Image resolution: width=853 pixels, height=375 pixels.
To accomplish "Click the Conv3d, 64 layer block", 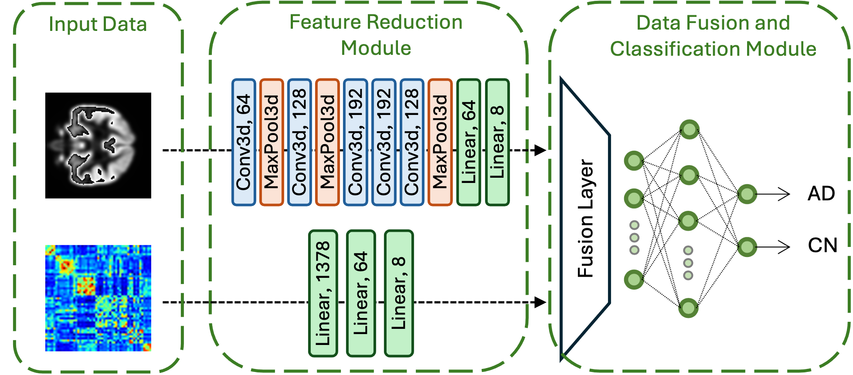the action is [x=243, y=142].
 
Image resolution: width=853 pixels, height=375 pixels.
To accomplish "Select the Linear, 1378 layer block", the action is [x=323, y=293].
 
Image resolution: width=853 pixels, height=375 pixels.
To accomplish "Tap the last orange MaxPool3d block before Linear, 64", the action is [x=440, y=142].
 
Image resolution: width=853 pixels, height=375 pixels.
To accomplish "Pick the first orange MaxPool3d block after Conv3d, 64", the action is [x=271, y=142].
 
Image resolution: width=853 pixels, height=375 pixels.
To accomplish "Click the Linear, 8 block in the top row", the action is [x=497, y=142].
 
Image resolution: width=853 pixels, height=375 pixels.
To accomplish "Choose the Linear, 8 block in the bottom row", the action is [x=398, y=293].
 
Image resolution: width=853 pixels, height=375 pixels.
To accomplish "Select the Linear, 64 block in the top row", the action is [x=469, y=142].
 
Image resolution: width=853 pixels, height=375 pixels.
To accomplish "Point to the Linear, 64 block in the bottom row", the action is [x=360, y=293].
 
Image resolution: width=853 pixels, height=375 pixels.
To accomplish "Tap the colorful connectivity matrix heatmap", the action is [x=98, y=298].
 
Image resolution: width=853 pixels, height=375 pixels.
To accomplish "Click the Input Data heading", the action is [x=98, y=24].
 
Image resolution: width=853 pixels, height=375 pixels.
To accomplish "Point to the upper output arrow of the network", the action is [x=774, y=194].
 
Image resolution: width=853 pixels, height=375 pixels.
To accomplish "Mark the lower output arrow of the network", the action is [x=774, y=247].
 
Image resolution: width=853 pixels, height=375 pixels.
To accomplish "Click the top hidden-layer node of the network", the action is [x=689, y=129].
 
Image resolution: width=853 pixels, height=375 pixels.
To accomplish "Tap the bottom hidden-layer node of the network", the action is [x=688, y=308].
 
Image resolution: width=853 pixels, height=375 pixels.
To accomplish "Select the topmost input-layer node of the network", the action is [x=634, y=161].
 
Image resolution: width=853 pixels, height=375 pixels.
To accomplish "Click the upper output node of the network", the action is [x=747, y=194].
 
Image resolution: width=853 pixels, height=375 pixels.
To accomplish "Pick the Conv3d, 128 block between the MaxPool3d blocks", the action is [x=299, y=142].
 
